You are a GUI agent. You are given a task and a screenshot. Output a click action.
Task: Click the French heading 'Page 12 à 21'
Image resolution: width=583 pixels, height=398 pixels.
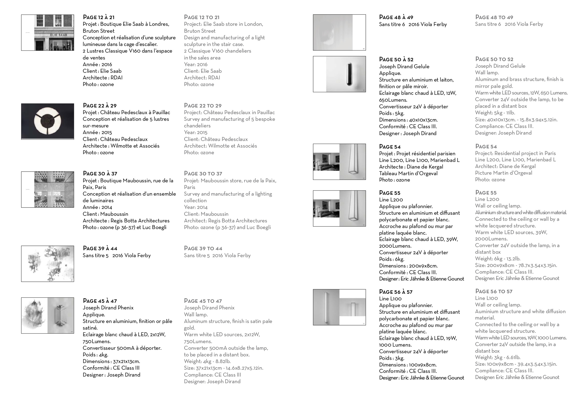pos(99,17)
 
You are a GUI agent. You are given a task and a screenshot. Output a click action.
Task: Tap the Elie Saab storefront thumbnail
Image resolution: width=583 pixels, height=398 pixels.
pos(48,33)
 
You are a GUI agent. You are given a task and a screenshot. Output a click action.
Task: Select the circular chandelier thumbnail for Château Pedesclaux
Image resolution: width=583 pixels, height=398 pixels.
pos(48,121)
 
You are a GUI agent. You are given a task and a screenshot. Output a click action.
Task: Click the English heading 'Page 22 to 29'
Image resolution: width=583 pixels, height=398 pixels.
pos(203,106)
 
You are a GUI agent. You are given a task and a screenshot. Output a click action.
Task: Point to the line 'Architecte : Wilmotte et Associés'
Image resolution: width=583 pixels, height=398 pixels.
pos(121,146)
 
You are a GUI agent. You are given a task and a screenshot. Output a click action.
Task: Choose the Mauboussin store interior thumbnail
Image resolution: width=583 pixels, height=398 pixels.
pos(48,189)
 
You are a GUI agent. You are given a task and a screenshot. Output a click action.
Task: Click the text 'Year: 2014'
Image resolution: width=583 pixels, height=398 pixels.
pos(196,207)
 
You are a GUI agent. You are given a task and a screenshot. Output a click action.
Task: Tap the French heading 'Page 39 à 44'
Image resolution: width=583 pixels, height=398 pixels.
pos(100,248)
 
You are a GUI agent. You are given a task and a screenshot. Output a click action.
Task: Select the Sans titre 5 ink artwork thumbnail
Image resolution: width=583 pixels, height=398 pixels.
pos(48,264)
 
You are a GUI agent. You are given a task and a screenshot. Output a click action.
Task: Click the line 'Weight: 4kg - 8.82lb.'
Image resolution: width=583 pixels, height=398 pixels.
pos(207,361)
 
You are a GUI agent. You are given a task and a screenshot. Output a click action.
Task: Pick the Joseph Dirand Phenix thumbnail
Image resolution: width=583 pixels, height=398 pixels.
pos(48,315)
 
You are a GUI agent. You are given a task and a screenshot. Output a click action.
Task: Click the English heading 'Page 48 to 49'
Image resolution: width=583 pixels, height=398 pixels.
pos(494,17)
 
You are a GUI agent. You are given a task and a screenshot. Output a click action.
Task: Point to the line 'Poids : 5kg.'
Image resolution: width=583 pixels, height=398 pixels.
pos(392,113)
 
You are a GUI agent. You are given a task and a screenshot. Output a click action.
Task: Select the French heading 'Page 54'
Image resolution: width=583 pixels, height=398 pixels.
pos(390,147)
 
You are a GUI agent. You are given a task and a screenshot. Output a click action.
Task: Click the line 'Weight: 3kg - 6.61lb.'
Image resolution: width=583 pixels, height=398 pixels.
pos(498,357)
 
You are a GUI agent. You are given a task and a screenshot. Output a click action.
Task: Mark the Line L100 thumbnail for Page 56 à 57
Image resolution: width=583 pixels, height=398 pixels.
pos(339,307)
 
